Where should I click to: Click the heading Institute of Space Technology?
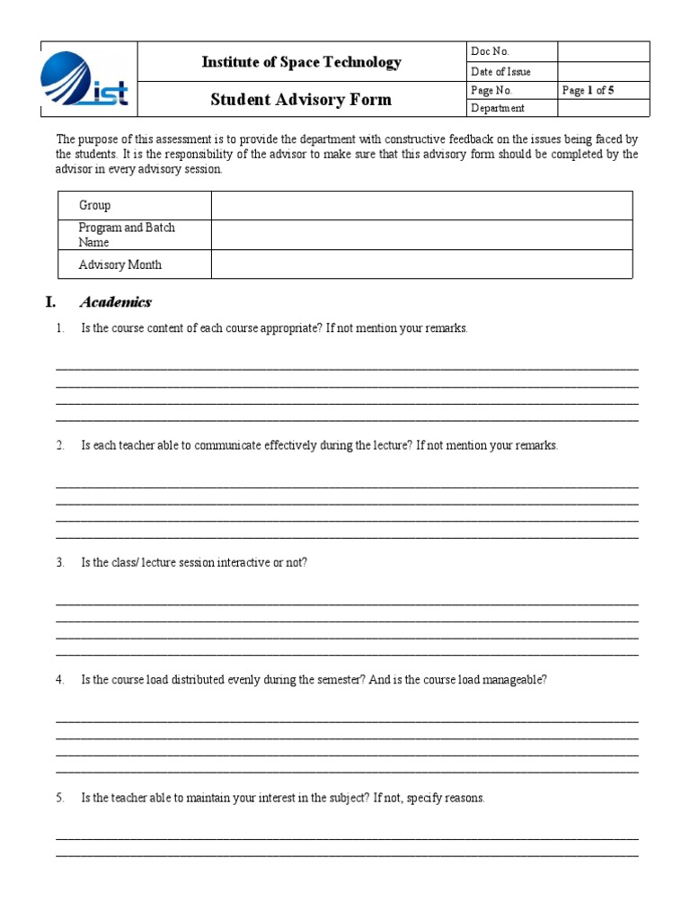(301, 62)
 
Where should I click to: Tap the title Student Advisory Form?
(301, 99)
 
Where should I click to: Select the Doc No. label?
(490, 51)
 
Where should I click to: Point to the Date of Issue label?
(500, 71)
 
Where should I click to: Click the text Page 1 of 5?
(588, 90)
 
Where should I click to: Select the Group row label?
(95, 205)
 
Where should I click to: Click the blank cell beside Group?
(421, 205)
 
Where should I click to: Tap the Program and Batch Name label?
(127, 235)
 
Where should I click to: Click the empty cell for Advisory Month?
(421, 264)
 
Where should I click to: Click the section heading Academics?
(116, 302)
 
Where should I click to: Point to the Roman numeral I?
(51, 302)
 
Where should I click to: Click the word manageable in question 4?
(516, 680)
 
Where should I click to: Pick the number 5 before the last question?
(59, 798)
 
